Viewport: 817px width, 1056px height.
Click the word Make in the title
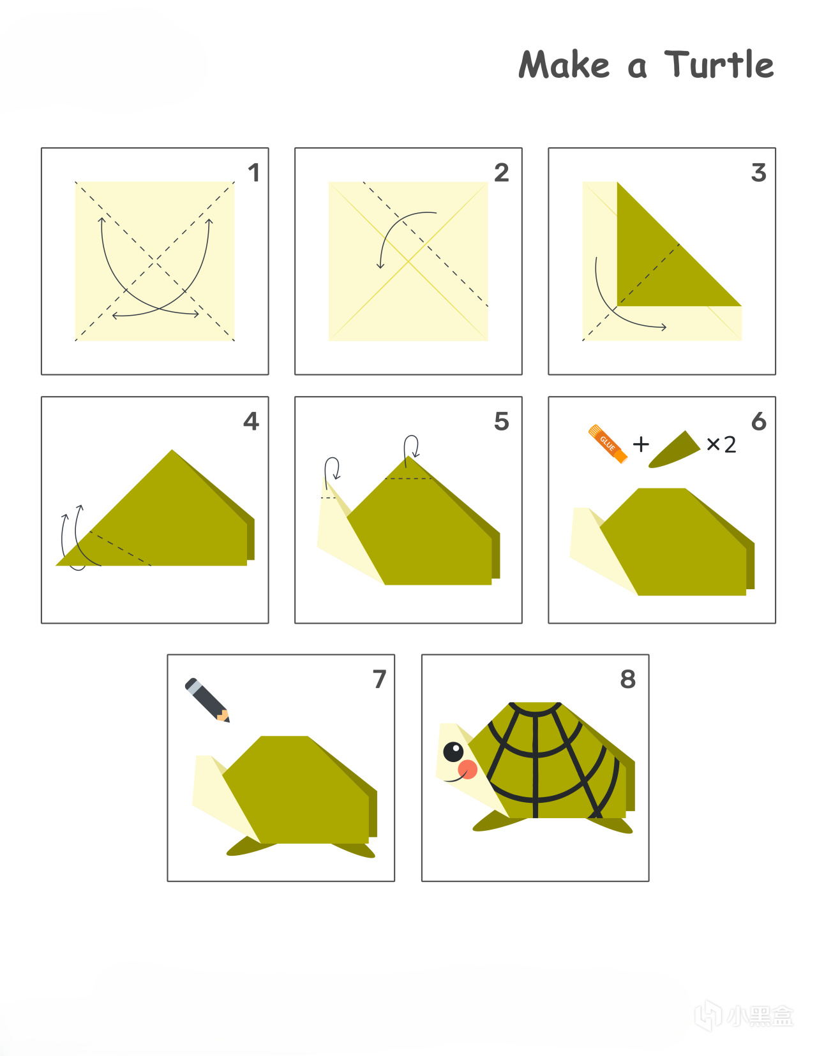pos(564,64)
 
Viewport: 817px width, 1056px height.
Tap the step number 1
pos(254,173)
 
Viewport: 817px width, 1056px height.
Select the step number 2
pos(502,173)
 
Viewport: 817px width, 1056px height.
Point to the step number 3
pos(759,173)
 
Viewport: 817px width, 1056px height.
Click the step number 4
pos(251,421)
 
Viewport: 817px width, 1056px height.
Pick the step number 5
pos(502,422)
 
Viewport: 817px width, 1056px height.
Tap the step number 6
pos(759,422)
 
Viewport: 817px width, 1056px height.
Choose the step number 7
pos(380,679)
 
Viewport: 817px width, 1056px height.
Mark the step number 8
pos(628,679)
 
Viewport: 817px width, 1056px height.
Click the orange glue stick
pos(608,444)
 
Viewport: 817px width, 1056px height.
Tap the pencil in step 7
pos(207,700)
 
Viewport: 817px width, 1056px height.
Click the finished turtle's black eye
pos(453,752)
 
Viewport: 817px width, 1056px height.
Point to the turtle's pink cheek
pos(467,769)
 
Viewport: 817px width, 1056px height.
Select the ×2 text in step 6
pos(721,444)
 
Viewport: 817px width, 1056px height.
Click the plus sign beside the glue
pos(641,444)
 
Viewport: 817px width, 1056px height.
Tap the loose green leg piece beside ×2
pos(674,450)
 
